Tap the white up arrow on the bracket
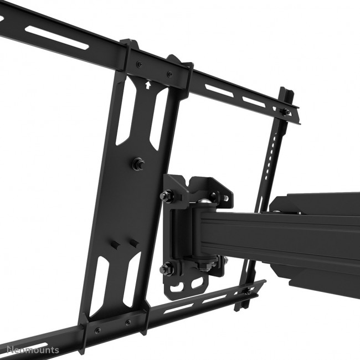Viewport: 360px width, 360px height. pyautogui.click(x=147, y=85)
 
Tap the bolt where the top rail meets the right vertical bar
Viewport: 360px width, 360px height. pyautogui.click(x=284, y=112)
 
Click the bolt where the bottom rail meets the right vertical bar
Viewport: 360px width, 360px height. pyautogui.click(x=247, y=290)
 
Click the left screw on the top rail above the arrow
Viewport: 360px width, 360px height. pyautogui.click(x=139, y=64)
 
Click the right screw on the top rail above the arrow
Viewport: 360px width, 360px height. pyautogui.click(x=169, y=74)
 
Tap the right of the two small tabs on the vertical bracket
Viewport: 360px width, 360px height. pyautogui.click(x=133, y=243)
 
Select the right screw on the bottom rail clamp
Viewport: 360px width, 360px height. pyautogui.click(x=128, y=322)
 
